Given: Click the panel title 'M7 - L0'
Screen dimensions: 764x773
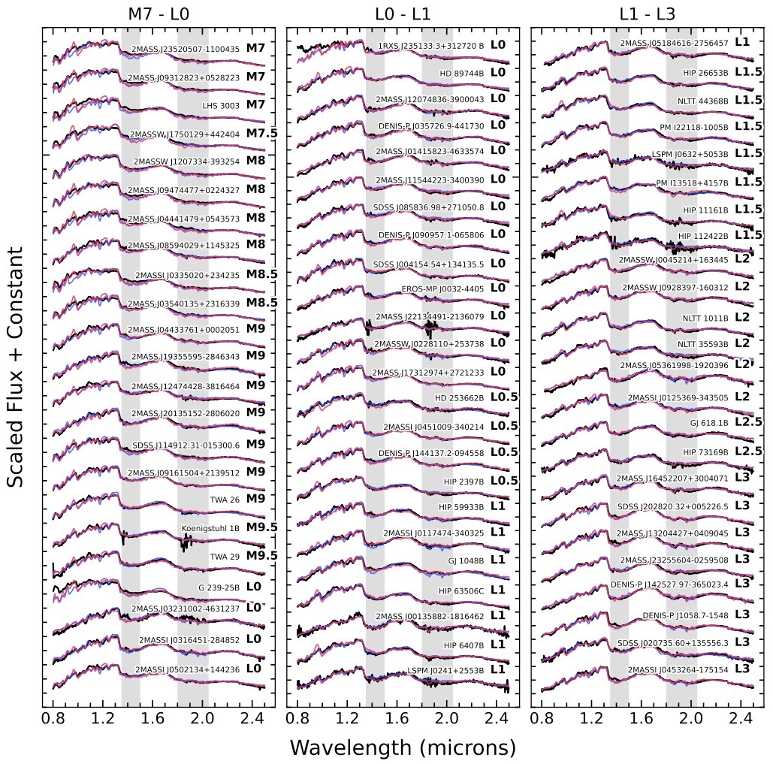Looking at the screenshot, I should click(x=158, y=14).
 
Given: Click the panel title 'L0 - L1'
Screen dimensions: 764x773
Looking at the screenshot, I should click(x=403, y=14).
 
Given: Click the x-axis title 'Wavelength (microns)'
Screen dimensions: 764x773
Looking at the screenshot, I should click(x=403, y=747).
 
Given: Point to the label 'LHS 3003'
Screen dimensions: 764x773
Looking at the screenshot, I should click(x=221, y=106).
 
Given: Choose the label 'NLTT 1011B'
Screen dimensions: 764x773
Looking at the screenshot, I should click(x=705, y=318).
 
